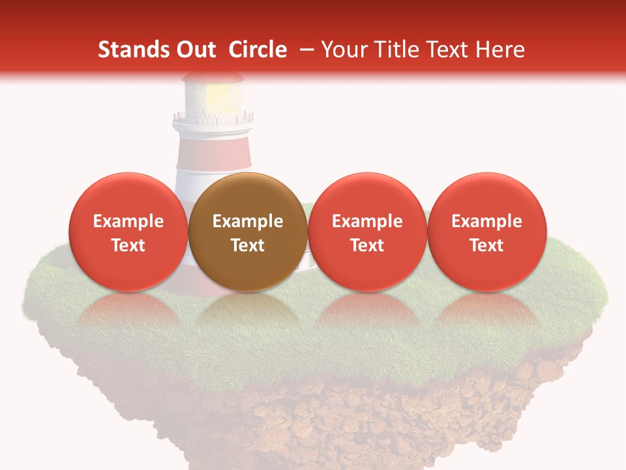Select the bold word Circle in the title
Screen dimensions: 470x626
pos(258,50)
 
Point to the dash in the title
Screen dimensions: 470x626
pos(304,50)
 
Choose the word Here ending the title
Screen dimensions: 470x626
pos(500,50)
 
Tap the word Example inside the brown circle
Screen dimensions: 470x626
pos(248,221)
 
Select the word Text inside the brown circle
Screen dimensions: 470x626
pos(248,245)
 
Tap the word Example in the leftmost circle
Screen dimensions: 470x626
pos(128,221)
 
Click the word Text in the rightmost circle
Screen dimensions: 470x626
pos(487,245)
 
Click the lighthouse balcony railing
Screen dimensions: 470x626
pos(213,119)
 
